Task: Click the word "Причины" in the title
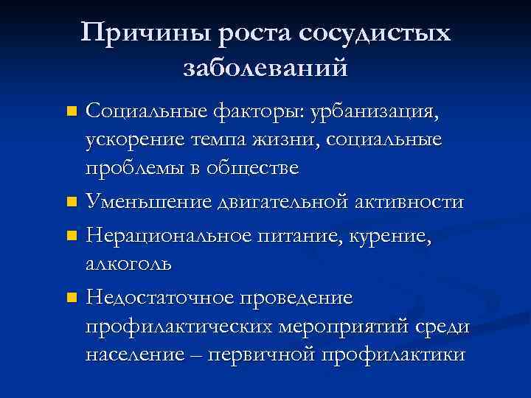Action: [134, 34]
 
